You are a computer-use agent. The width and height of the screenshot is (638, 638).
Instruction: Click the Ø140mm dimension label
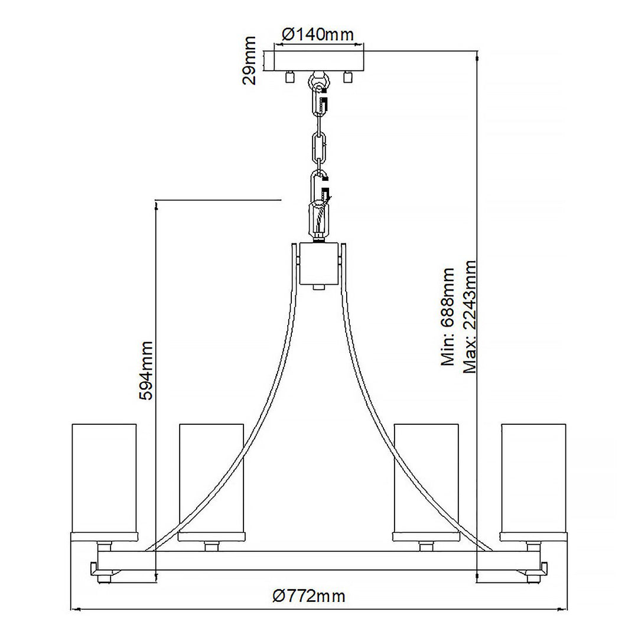pyautogui.click(x=318, y=34)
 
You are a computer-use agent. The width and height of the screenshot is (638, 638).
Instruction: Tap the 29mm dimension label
pyautogui.click(x=250, y=61)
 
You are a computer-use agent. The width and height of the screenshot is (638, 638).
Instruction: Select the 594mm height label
pyautogui.click(x=145, y=370)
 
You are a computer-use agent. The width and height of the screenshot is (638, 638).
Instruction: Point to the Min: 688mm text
pyautogui.click(x=448, y=317)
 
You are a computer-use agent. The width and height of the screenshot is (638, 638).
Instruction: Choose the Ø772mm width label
pyautogui.click(x=309, y=596)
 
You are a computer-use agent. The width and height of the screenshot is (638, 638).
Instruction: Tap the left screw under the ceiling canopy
pyautogui.click(x=289, y=77)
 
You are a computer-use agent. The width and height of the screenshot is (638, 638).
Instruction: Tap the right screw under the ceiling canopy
pyautogui.click(x=347, y=77)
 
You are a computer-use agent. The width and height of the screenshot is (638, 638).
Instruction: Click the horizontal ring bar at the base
pyautogui.click(x=319, y=561)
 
